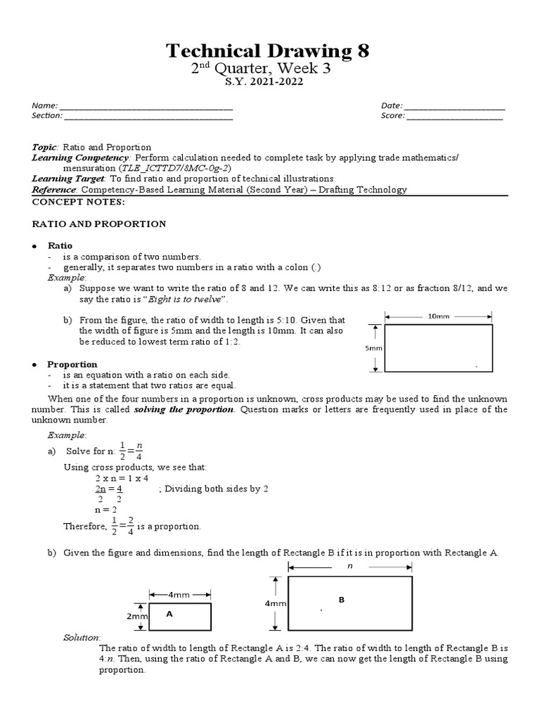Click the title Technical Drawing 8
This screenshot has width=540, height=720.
point(266,51)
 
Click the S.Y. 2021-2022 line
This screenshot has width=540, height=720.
point(270,82)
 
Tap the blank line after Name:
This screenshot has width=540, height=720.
point(147,106)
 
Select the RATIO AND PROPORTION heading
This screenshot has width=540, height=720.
point(99,224)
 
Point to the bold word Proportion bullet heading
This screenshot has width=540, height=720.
point(72,365)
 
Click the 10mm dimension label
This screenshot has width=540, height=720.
point(438,316)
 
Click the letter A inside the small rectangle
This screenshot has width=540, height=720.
point(169,613)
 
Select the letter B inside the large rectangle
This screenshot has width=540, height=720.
point(342,600)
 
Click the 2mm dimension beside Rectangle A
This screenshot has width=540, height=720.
point(136,617)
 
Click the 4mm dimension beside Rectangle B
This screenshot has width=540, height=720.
point(275,603)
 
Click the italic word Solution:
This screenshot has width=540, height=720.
point(82,637)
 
